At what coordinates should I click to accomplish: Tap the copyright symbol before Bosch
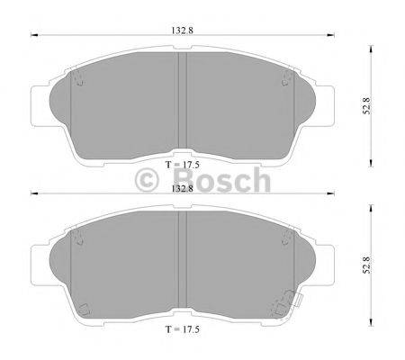[147, 182]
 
